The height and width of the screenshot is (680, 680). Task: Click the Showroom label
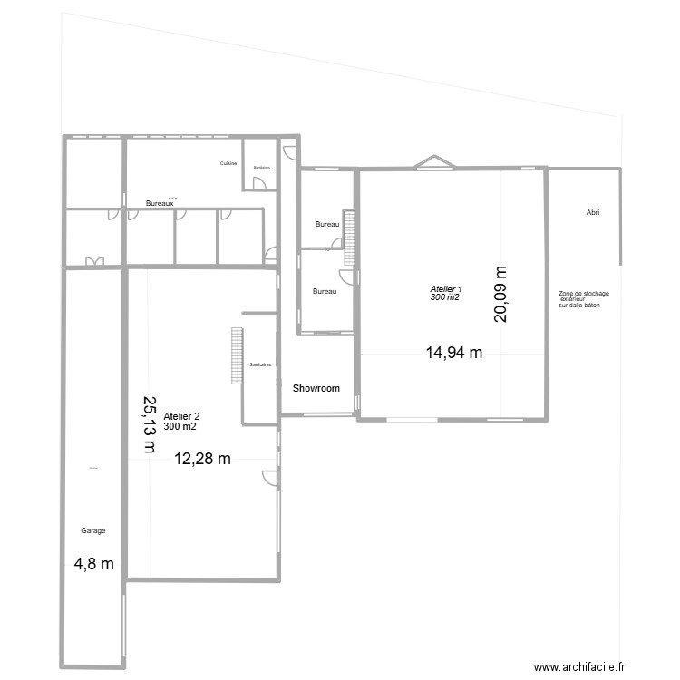(x=316, y=388)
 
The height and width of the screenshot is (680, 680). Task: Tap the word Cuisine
(x=228, y=163)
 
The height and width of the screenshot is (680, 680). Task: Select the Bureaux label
(x=160, y=204)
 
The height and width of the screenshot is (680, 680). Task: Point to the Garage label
(x=93, y=529)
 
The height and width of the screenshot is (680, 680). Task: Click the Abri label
(x=593, y=213)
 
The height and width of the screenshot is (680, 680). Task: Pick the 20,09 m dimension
(x=501, y=294)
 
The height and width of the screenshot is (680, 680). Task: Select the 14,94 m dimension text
(x=453, y=354)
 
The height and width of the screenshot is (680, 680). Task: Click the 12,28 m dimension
(x=202, y=459)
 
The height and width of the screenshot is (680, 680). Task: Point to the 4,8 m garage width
(x=94, y=563)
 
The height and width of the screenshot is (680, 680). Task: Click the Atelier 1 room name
(x=444, y=289)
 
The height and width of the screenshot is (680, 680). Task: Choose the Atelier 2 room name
(x=181, y=416)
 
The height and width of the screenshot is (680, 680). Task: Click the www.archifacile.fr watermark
(x=580, y=666)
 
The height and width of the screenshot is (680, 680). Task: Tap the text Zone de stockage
(x=583, y=294)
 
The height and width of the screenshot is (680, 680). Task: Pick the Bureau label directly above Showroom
(x=325, y=291)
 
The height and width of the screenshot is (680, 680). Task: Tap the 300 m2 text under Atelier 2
(x=180, y=426)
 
